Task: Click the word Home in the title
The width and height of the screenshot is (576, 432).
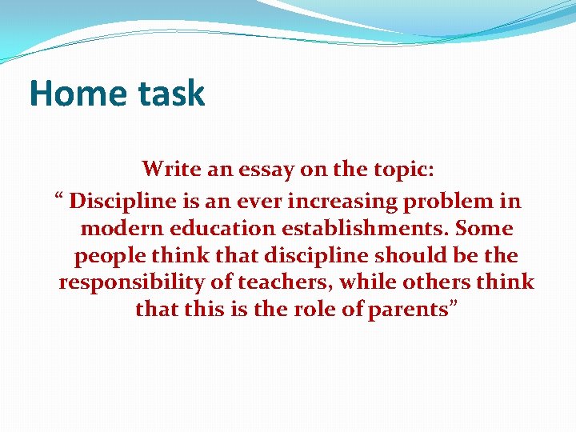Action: (x=70, y=94)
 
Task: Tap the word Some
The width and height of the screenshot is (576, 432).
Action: (x=484, y=228)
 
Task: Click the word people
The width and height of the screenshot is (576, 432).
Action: (x=105, y=256)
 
